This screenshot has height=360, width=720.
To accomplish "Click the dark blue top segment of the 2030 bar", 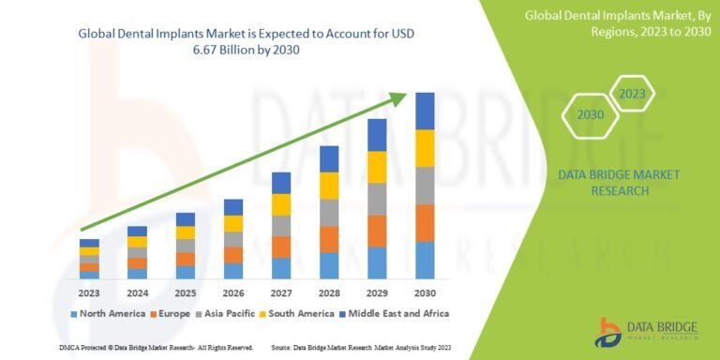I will click(x=425, y=111).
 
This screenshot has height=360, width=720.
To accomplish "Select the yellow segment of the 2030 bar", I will click(x=425, y=148).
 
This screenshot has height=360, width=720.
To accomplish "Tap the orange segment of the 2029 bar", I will click(x=377, y=231).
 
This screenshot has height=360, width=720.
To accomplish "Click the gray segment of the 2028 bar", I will click(x=329, y=213).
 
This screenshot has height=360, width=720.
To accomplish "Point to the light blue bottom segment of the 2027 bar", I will click(x=281, y=268).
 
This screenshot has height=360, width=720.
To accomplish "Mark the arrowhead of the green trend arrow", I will click(x=401, y=96).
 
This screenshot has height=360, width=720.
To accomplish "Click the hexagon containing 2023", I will click(x=632, y=93).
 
